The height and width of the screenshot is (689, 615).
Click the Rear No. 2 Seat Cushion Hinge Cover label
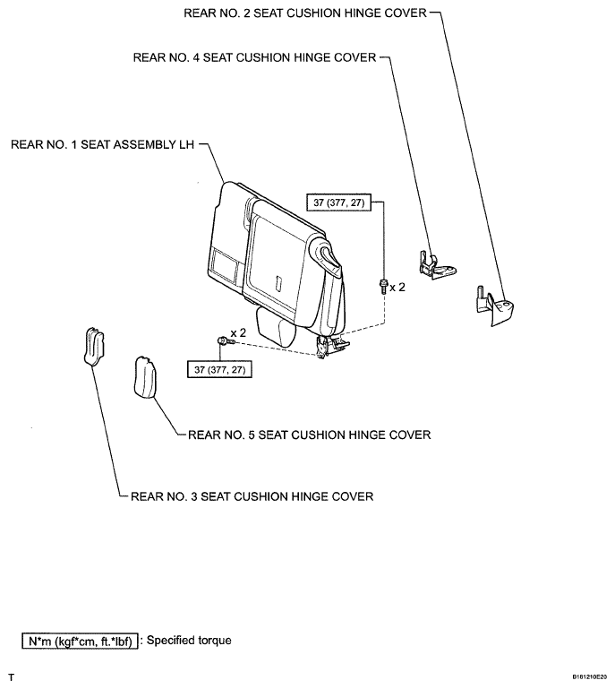[x=304, y=13]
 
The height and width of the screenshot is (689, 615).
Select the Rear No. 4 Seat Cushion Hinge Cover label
[x=255, y=57]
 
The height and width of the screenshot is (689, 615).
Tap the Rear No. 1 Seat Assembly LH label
[x=103, y=143]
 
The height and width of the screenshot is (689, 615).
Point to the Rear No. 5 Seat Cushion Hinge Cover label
[x=309, y=435]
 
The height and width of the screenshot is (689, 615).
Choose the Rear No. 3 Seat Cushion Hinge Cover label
[x=252, y=495]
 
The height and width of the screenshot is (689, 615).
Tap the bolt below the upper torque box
[x=382, y=286]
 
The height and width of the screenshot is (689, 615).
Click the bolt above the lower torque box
[x=221, y=340]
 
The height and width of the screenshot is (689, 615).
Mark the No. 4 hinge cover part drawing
[x=433, y=263]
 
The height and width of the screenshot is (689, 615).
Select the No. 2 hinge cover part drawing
[x=495, y=302]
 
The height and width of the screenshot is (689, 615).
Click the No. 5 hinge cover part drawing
[x=144, y=375]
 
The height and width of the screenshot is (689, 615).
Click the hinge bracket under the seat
[x=333, y=345]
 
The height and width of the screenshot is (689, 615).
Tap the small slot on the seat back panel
[x=278, y=283]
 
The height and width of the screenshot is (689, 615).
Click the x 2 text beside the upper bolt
[x=399, y=288]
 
